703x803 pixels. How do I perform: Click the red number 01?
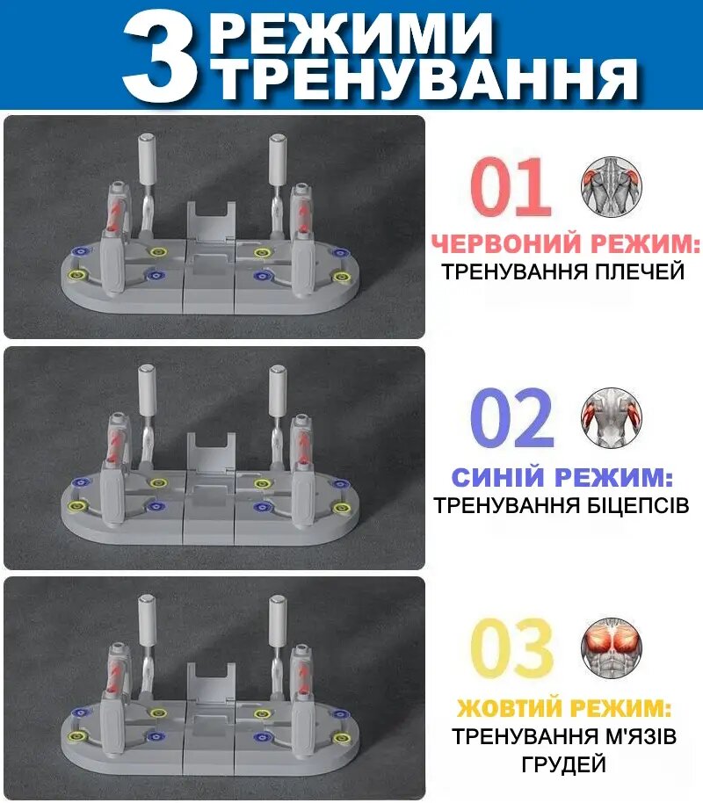click(511, 186)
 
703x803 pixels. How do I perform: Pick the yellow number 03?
click(512, 647)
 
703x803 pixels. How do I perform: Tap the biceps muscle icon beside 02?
click(612, 416)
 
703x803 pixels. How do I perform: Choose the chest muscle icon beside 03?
click(612, 647)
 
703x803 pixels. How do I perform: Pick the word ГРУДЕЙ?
click(563, 764)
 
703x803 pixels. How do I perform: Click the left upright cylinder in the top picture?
click(147, 159)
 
